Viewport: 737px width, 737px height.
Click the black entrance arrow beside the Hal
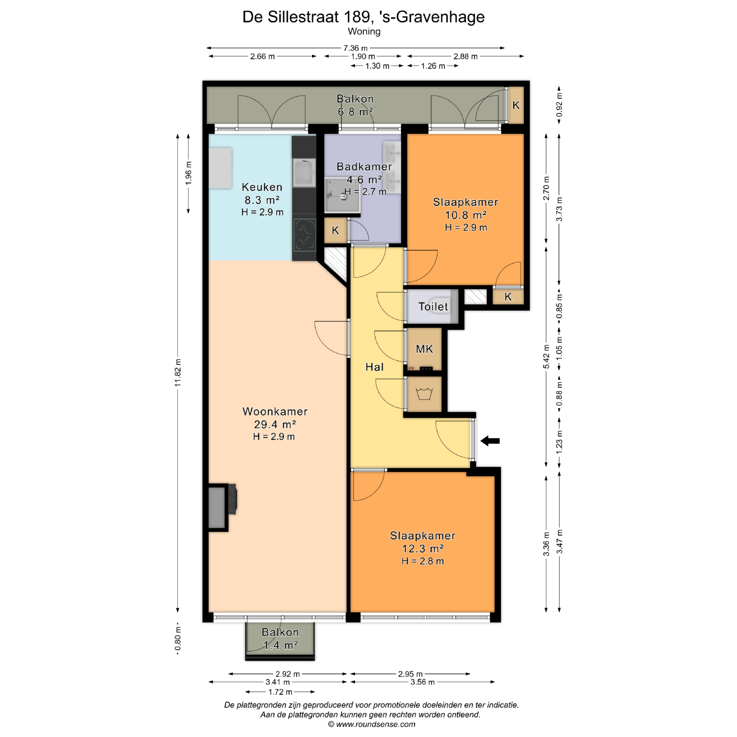[490, 441]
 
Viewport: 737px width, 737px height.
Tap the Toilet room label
[433, 307]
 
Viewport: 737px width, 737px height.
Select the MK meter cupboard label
[425, 349]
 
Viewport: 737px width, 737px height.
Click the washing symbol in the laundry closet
[424, 394]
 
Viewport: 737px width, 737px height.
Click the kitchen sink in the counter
[304, 173]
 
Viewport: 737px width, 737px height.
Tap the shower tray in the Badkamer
[342, 195]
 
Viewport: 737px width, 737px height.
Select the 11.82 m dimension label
[178, 373]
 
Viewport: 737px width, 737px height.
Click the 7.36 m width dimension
[355, 48]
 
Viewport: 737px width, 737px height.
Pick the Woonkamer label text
[275, 411]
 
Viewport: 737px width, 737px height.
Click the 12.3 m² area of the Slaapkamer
[423, 549]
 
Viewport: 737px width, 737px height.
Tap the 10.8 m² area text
[466, 215]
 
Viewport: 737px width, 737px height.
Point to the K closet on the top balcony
[516, 105]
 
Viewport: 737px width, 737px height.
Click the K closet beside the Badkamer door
[335, 230]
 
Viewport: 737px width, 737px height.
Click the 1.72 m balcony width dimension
[280, 692]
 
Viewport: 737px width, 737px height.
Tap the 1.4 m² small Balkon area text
[280, 645]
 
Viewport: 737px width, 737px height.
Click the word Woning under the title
[364, 31]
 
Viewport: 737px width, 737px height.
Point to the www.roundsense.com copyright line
[372, 724]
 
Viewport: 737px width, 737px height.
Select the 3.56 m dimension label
[423, 682]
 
